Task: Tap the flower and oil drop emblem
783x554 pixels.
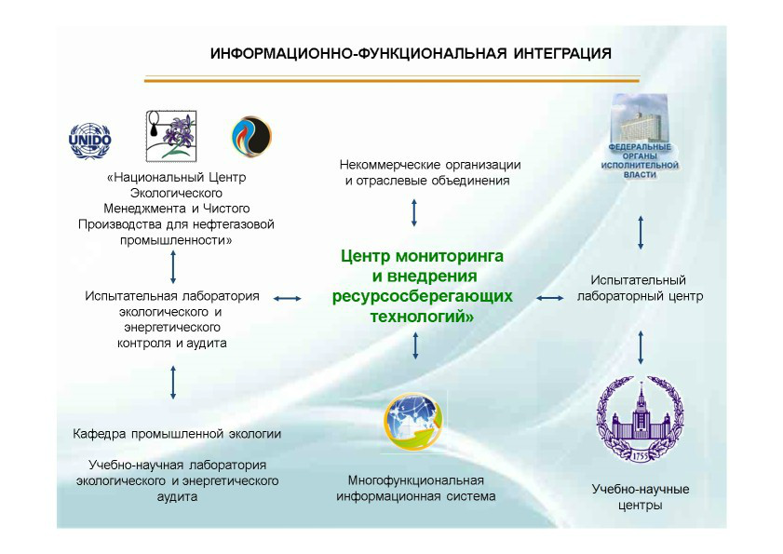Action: [170, 136]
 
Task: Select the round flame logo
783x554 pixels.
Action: [251, 136]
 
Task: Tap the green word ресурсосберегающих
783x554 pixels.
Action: [423, 296]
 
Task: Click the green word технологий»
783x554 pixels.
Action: [423, 317]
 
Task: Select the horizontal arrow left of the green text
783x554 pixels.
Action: [287, 298]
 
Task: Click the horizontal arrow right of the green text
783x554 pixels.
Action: [550, 298]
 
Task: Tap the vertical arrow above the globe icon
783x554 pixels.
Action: [415, 346]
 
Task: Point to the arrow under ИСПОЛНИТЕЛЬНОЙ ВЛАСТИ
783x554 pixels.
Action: [641, 233]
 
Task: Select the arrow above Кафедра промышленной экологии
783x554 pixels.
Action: [173, 382]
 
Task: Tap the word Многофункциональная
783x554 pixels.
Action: [415, 480]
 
